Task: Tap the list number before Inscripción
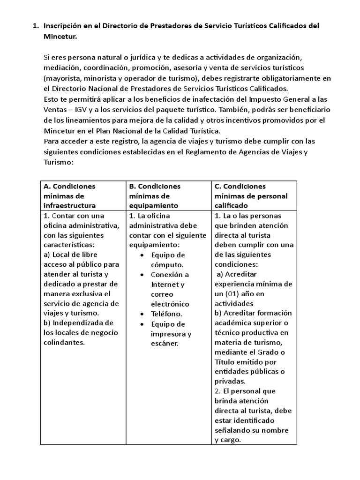click(x=35, y=25)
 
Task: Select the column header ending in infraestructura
click(x=69, y=195)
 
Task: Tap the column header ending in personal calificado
click(x=251, y=195)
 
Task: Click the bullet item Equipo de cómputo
click(x=168, y=260)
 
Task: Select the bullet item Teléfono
click(x=166, y=314)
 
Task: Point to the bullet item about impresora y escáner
click(x=171, y=334)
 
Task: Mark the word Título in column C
click(x=226, y=362)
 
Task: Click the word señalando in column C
click(x=234, y=430)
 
